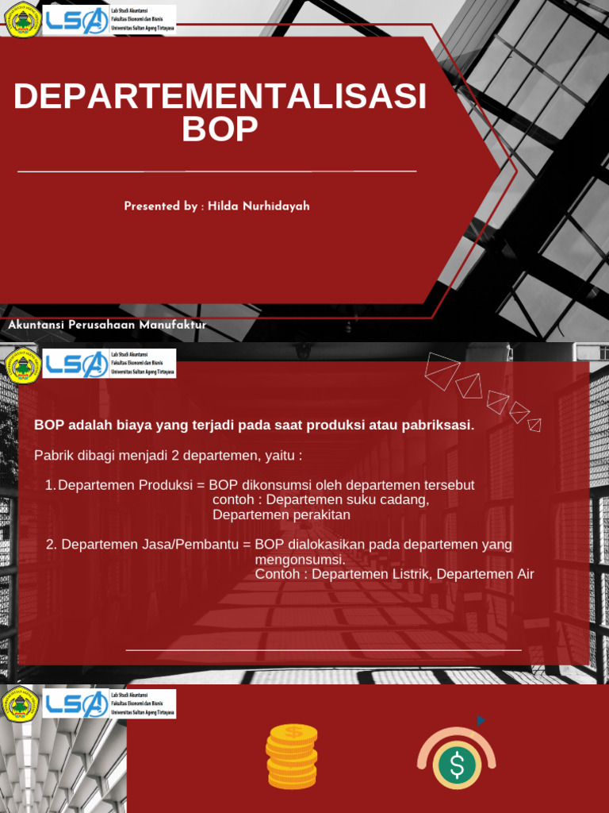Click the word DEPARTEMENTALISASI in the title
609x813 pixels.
(x=220, y=97)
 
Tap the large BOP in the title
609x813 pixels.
(x=220, y=130)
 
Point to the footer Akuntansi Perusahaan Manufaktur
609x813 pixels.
(x=106, y=325)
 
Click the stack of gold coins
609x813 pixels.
(x=292, y=756)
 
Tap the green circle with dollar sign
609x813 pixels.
(x=457, y=764)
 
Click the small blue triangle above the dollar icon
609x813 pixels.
(x=481, y=721)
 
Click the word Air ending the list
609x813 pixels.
(x=526, y=574)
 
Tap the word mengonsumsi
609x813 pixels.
(x=300, y=560)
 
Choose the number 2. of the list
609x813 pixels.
(x=52, y=545)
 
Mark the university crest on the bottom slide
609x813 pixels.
(x=20, y=704)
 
